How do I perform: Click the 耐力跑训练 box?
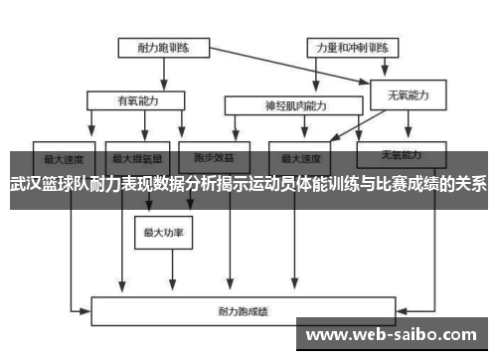(x=162, y=47)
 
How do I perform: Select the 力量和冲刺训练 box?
(x=352, y=47)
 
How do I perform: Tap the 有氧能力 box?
(x=136, y=99)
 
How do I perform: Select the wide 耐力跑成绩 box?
(x=263, y=311)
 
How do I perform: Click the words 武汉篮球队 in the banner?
(x=49, y=184)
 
